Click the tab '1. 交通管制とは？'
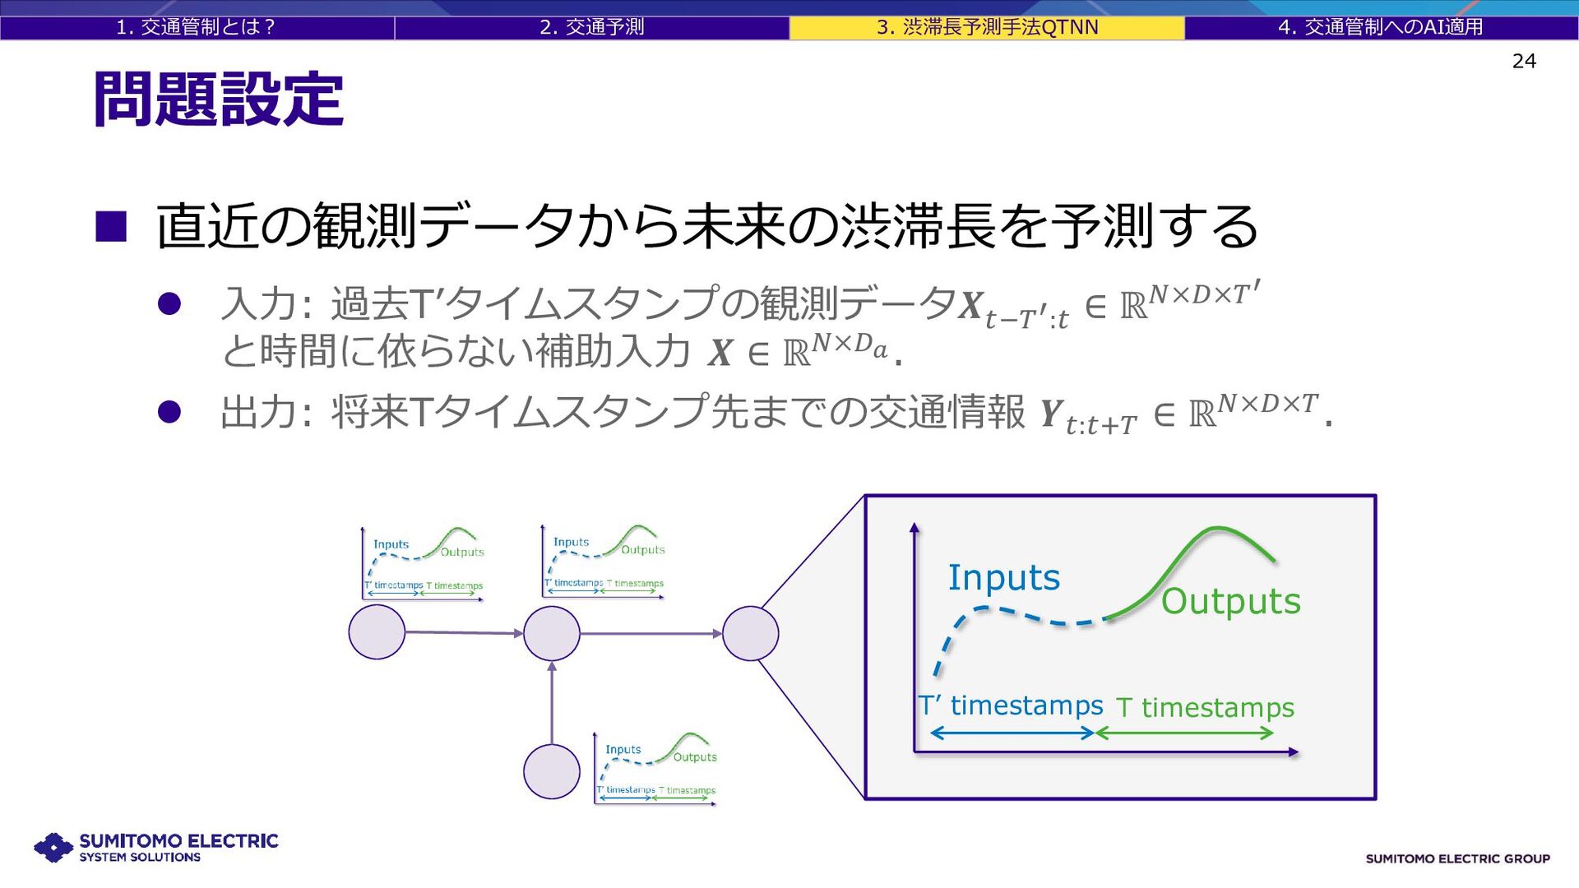pyautogui.click(x=196, y=27)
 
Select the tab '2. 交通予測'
pyautogui.click(x=591, y=27)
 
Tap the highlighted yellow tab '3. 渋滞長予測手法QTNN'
pyautogui.click(x=987, y=27)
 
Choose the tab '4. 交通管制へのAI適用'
pyautogui.click(x=1381, y=27)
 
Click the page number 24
pyautogui.click(x=1524, y=61)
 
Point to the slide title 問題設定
pyautogui.click(x=218, y=99)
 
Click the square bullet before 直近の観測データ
pyautogui.click(x=111, y=226)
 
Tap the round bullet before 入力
pyautogui.click(x=169, y=304)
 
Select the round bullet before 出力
pyautogui.click(x=169, y=411)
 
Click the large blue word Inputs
pyautogui.click(x=1004, y=577)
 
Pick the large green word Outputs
pyautogui.click(x=1230, y=601)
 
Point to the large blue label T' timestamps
pyautogui.click(x=1011, y=705)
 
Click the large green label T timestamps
pyautogui.click(x=1205, y=707)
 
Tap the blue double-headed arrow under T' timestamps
pyautogui.click(x=1012, y=733)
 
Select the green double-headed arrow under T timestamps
pyautogui.click(x=1184, y=733)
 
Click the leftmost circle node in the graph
pyautogui.click(x=377, y=632)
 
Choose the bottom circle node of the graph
pyautogui.click(x=552, y=771)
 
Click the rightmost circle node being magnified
pyautogui.click(x=750, y=633)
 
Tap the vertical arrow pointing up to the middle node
pyautogui.click(x=552, y=702)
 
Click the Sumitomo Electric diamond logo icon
pyautogui.click(x=54, y=847)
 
